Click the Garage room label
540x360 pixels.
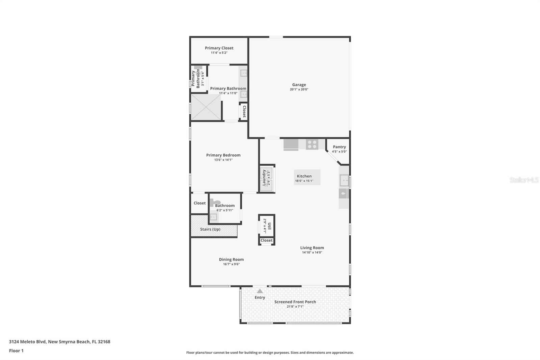(x=299, y=85)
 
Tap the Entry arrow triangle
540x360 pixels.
(x=260, y=291)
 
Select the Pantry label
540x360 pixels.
(x=339, y=147)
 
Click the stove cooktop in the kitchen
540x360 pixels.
(x=312, y=144)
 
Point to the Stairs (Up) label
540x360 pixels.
(x=210, y=229)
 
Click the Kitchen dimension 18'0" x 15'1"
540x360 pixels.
(x=304, y=181)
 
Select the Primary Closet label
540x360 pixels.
(x=219, y=48)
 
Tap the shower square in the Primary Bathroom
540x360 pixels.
(x=206, y=107)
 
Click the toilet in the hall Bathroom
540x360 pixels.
(x=214, y=203)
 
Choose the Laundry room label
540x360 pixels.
(x=264, y=178)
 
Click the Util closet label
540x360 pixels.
(x=269, y=226)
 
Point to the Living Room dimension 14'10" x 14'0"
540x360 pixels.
(x=312, y=252)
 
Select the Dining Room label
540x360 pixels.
(x=231, y=259)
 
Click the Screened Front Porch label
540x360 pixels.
(x=295, y=302)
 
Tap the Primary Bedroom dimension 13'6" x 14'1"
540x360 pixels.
(x=223, y=160)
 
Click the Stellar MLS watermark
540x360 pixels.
(x=524, y=180)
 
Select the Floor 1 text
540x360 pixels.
(x=16, y=351)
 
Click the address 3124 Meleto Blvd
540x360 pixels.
(x=59, y=341)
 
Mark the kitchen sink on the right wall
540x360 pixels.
(x=344, y=180)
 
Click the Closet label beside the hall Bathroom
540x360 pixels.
(x=199, y=203)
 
